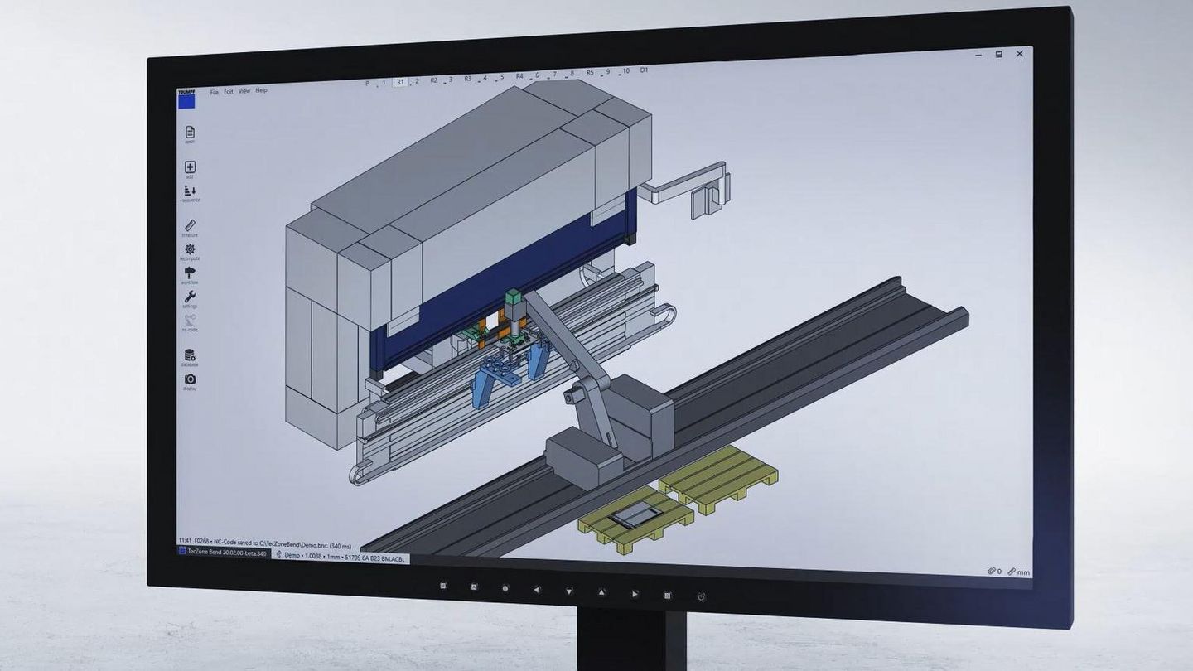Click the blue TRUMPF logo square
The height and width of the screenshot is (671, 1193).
point(186,100)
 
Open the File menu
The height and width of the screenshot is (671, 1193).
point(214,91)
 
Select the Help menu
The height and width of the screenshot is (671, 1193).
point(261,90)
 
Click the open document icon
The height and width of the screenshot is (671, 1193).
point(190,133)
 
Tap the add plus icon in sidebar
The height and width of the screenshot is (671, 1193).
point(190,167)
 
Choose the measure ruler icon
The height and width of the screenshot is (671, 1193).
point(190,225)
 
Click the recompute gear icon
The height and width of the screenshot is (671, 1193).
point(190,249)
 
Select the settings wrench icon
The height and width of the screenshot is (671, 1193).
point(190,297)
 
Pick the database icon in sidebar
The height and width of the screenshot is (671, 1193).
point(190,355)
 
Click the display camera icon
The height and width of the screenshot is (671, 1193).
point(190,379)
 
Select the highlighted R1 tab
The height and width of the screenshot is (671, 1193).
point(400,82)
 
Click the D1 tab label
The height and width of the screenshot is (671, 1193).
point(644,70)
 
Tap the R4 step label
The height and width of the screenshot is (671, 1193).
point(519,76)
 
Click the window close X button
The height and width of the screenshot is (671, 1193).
point(1020,54)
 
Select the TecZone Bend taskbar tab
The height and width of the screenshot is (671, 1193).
point(225,553)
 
